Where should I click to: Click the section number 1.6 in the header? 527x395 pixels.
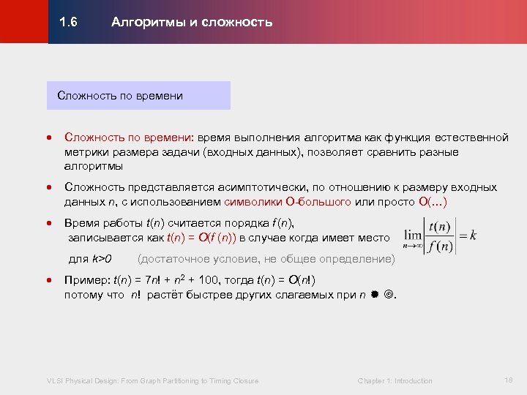pos(69,22)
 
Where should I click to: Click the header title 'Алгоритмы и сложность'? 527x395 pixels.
pos(192,22)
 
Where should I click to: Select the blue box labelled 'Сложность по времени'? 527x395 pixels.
pos(138,96)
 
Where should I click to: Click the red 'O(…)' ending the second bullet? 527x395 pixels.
pos(433,201)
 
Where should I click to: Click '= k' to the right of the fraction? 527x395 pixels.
pos(468,236)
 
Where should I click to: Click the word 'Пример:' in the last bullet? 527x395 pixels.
pos(86,280)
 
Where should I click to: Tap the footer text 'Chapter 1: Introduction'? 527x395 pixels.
pos(395,380)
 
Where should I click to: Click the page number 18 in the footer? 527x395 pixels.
pos(509,380)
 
